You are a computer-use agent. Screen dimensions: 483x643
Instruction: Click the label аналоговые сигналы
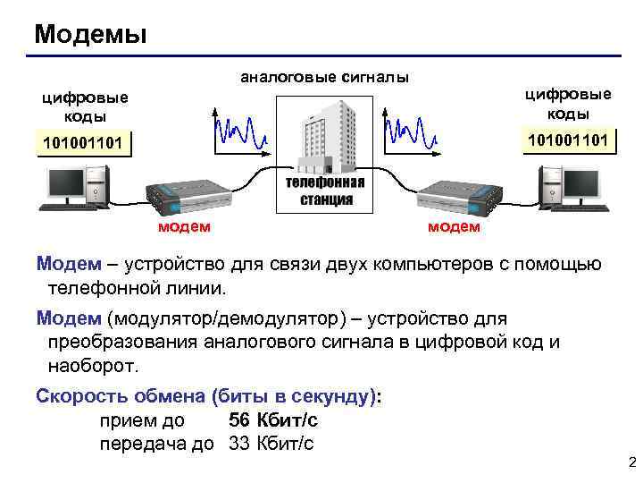[x=324, y=77]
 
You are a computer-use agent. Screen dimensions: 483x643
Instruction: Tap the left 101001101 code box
[x=81, y=144]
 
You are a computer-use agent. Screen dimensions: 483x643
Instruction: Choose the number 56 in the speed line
[x=239, y=420]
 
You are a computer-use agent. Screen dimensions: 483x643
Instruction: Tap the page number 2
[x=631, y=462]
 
